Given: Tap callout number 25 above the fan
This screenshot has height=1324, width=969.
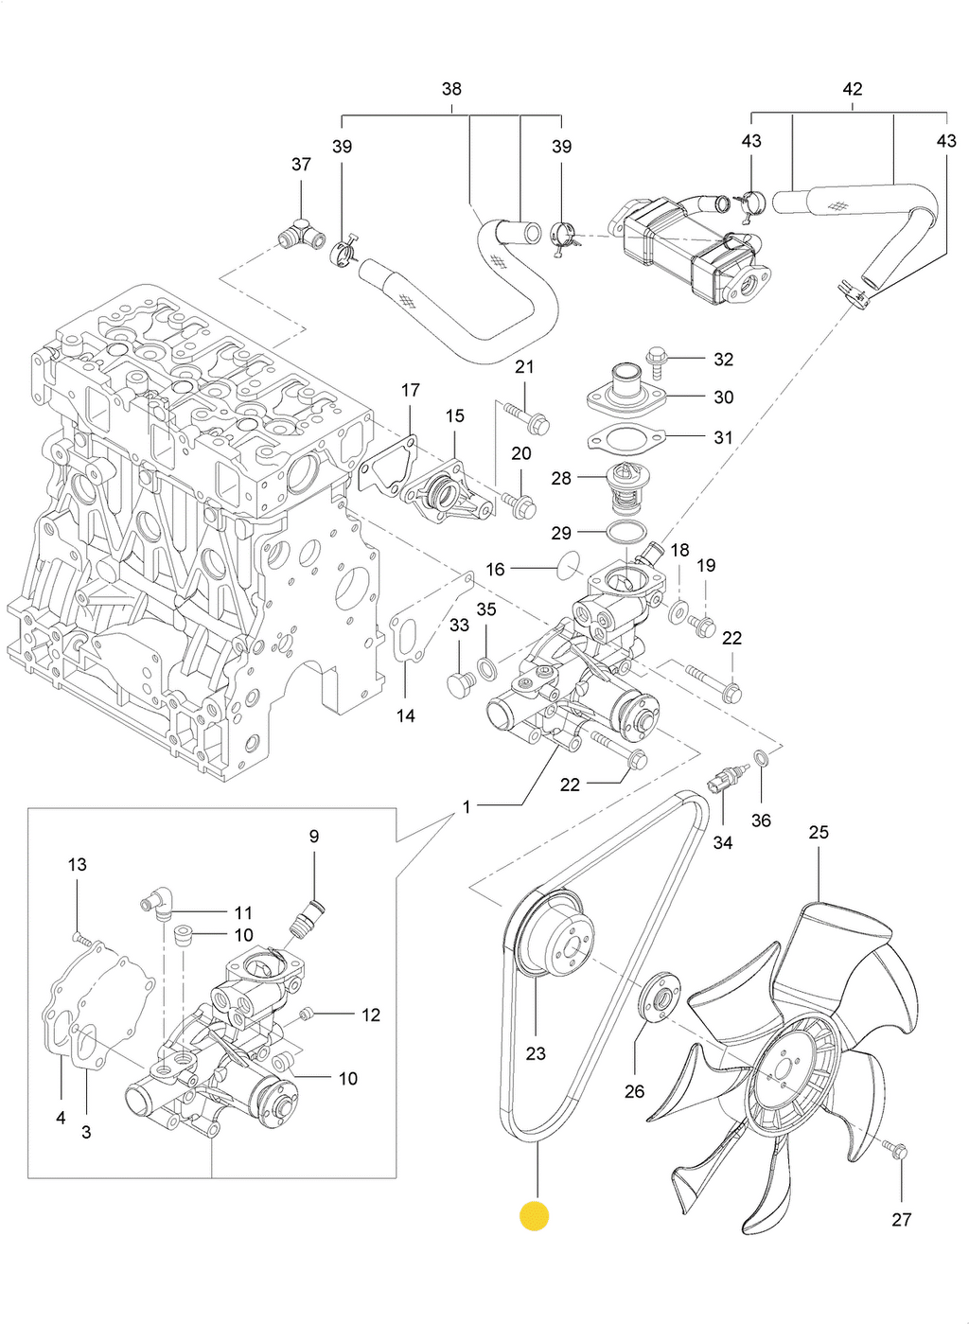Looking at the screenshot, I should tap(819, 833).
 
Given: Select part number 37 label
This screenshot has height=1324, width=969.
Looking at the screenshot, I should tap(301, 165).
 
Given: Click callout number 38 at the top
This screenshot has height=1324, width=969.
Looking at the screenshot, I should tap(451, 89).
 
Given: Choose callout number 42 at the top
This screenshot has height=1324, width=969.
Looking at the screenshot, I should tap(852, 89).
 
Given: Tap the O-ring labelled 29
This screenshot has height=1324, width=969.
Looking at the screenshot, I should tap(625, 534).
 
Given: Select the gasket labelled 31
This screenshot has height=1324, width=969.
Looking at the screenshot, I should tap(626, 439).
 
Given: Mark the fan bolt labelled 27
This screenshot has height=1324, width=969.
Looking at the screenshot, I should tap(897, 1152).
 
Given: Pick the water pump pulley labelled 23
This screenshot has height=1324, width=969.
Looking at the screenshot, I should tap(555, 932).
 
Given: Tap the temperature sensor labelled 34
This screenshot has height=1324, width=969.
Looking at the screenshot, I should tap(723, 783).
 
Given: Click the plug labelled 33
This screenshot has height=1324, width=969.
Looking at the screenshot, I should tap(460, 684).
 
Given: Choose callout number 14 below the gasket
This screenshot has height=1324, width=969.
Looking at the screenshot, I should tap(406, 716).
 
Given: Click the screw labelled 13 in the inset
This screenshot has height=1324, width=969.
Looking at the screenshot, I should tap(82, 939).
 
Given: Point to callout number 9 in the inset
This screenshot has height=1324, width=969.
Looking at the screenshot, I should tap(314, 837).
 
